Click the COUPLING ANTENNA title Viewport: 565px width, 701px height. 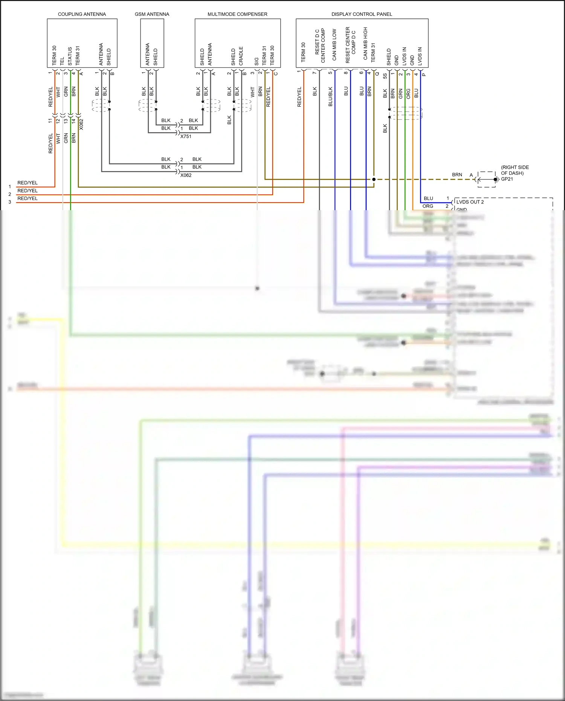82,14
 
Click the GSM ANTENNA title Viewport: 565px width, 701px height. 152,14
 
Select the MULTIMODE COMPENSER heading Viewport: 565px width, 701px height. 237,14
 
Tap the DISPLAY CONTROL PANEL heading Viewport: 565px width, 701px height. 362,14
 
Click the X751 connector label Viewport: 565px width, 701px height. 186,136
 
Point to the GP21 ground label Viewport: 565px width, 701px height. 507,179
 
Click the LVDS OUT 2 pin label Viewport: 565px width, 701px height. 470,202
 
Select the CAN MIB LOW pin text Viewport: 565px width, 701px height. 334,45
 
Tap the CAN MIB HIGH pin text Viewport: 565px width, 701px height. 365,43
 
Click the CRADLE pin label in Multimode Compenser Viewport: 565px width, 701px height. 241,56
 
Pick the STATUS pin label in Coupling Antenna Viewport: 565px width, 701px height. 70,56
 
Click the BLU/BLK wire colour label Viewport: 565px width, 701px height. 330,97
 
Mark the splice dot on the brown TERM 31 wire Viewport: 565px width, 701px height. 374,179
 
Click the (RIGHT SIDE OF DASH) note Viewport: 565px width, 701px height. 515,170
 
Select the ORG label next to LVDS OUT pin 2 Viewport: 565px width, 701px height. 428,206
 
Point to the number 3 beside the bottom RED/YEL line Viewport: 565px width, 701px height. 10,202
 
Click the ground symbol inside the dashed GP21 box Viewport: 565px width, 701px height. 496,179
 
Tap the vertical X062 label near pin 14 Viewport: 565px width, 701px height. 81,124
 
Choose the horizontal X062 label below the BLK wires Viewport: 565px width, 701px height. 186,175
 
